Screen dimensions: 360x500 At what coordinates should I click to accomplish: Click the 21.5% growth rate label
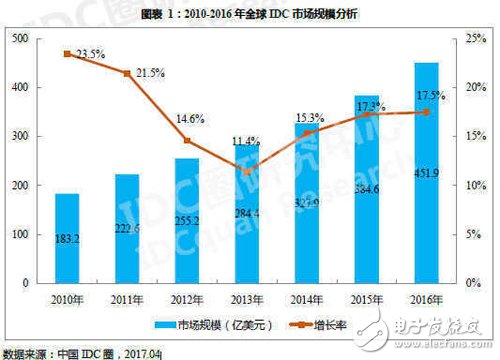[148, 74]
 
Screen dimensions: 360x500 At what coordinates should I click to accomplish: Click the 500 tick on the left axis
[20, 38]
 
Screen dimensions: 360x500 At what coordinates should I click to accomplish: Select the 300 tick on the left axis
[20, 136]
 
